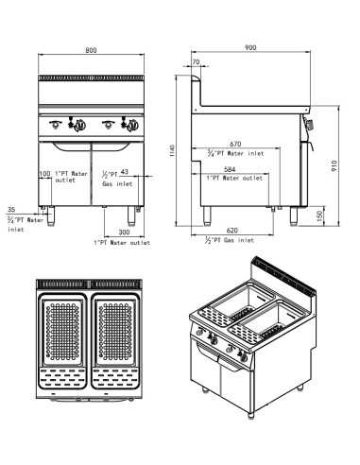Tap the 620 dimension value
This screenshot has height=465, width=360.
232,230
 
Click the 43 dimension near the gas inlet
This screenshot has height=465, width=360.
125,172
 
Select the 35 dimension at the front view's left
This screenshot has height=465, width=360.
11,210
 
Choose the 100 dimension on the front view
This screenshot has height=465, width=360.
44,174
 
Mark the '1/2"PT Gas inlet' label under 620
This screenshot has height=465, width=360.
230,242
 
